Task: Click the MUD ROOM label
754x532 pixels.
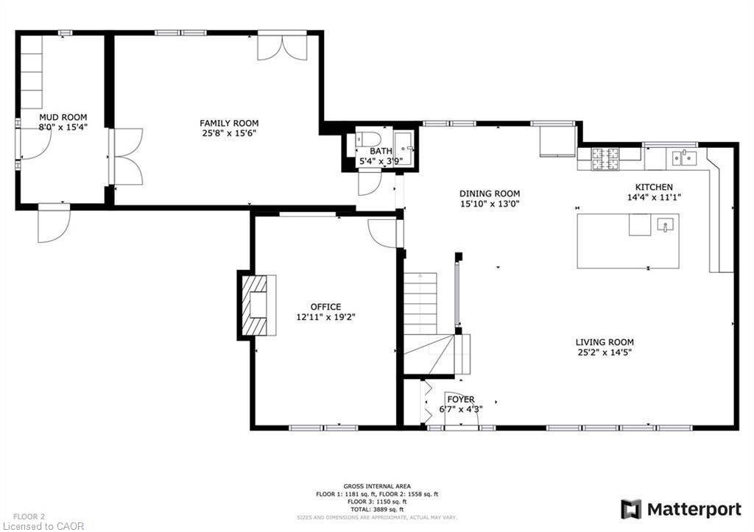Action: click(x=63, y=117)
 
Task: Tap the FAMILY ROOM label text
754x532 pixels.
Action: click(x=229, y=123)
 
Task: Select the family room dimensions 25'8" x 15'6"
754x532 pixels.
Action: click(x=229, y=133)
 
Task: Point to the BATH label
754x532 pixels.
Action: click(x=381, y=151)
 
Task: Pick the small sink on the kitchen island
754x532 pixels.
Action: click(x=666, y=224)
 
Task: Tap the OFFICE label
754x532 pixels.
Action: click(x=325, y=307)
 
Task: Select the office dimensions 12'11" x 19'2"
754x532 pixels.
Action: click(x=325, y=317)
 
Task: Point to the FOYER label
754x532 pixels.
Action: click(x=462, y=400)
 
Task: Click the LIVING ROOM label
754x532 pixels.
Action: click(x=605, y=342)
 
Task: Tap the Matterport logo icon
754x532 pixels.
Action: click(x=630, y=509)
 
